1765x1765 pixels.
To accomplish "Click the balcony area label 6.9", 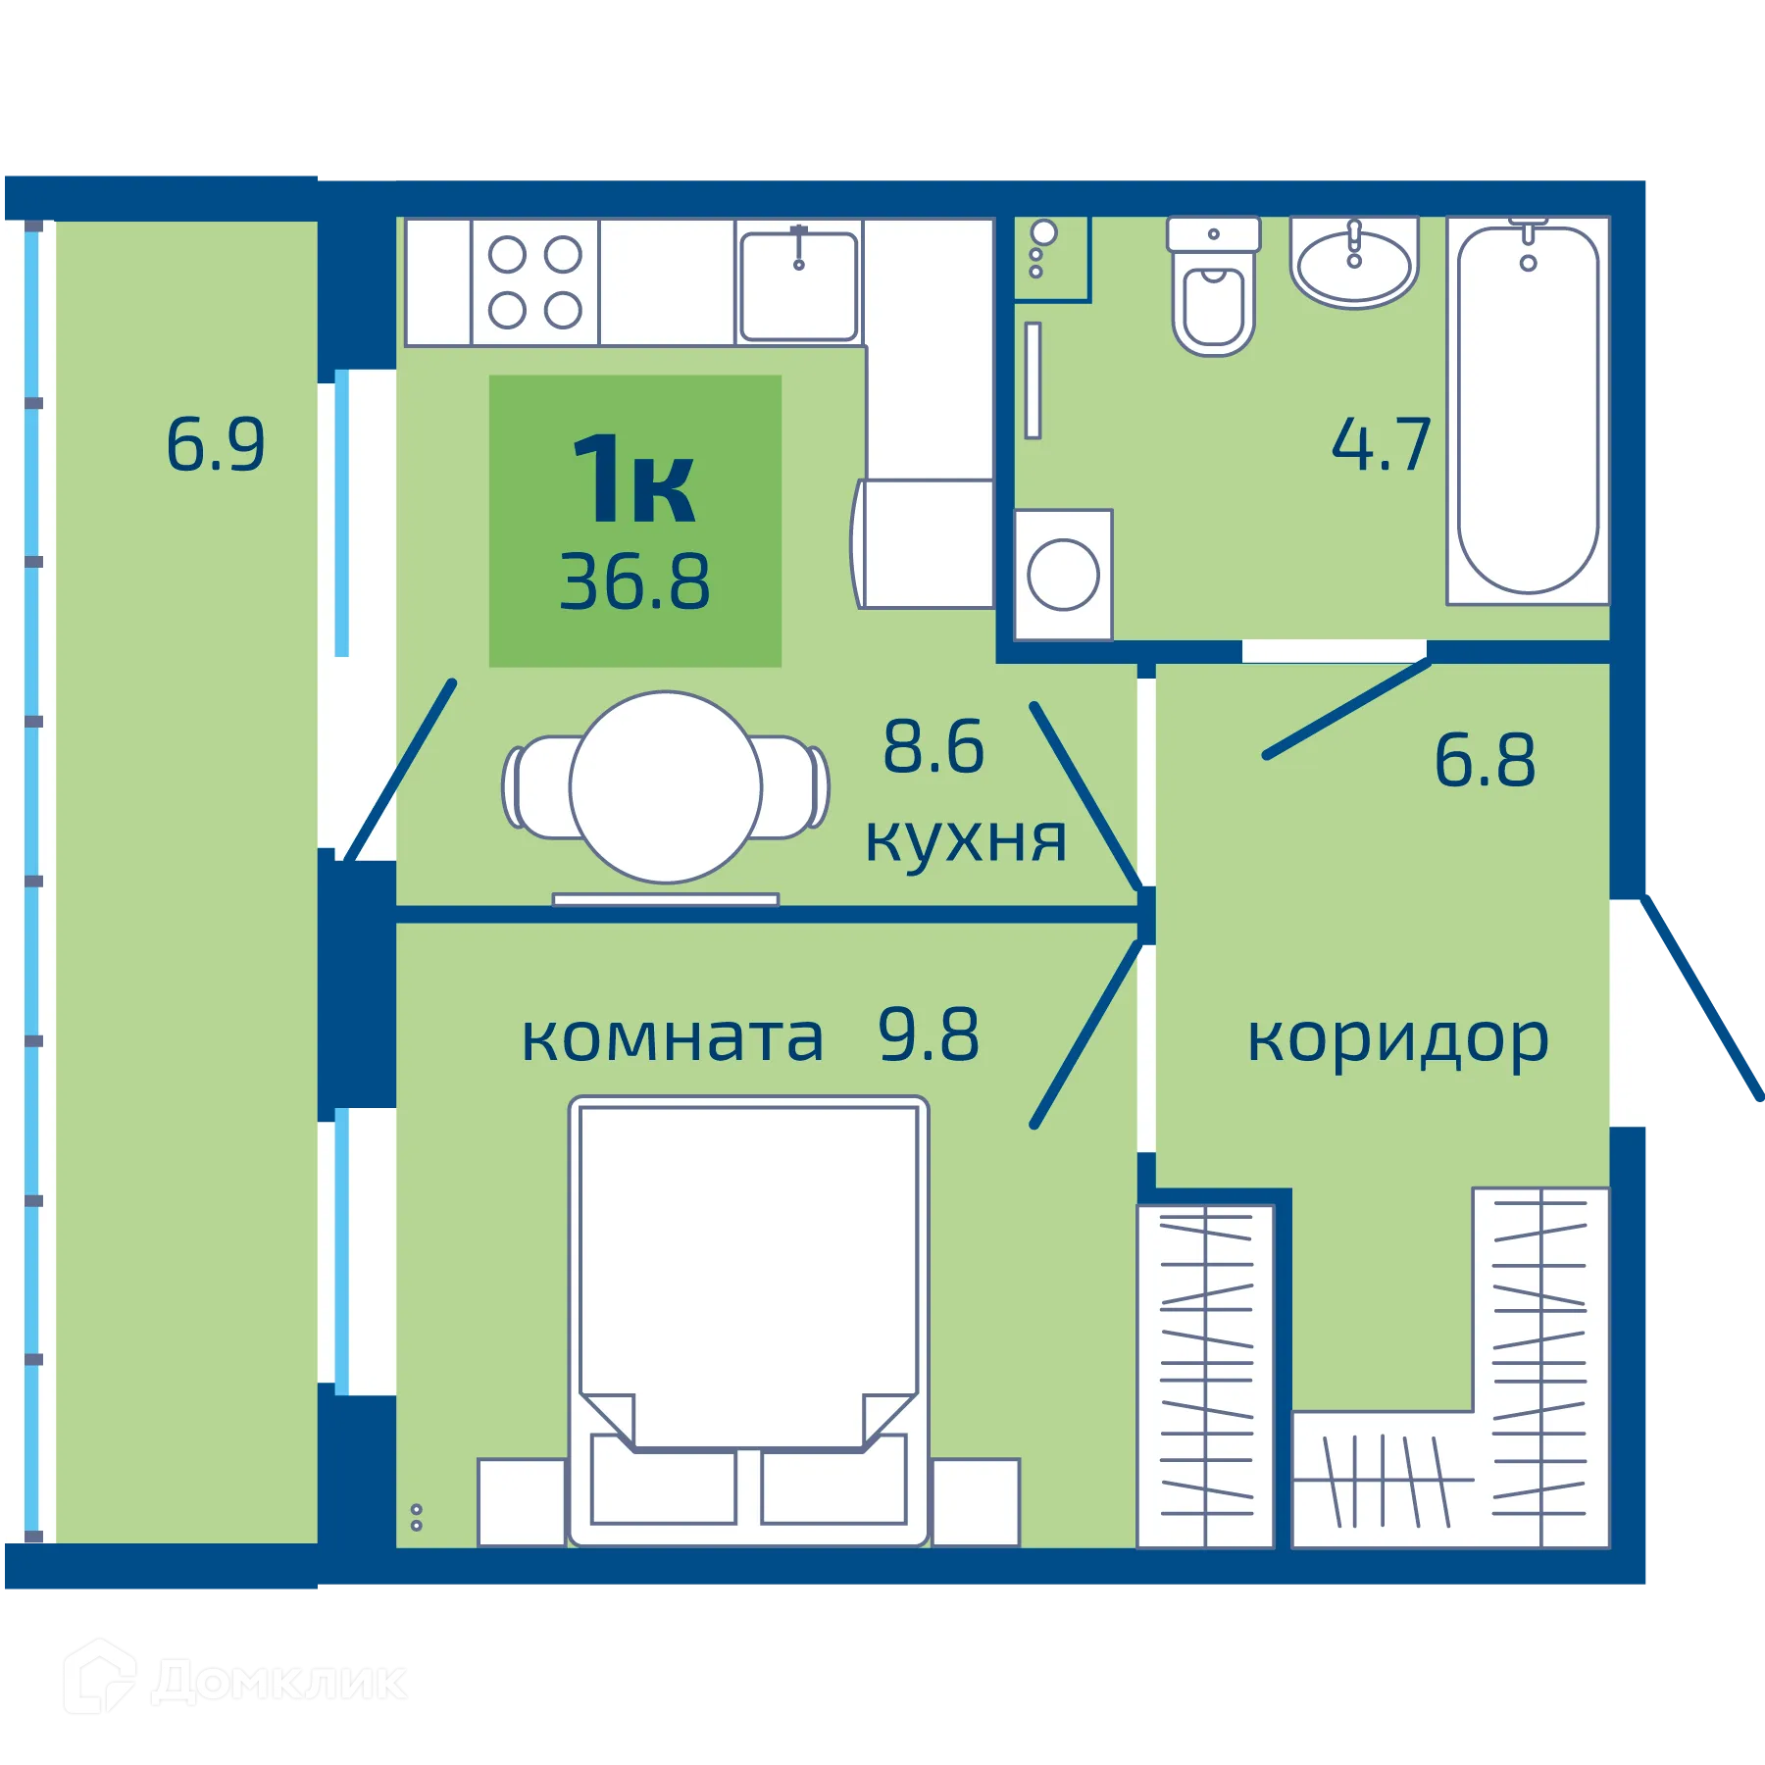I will coord(215,445).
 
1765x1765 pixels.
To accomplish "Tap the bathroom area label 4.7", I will coord(1381,445).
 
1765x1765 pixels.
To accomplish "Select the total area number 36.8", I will coord(634,582).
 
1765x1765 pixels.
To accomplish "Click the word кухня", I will coord(965,840).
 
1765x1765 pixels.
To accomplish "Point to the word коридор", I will coord(1397,1040).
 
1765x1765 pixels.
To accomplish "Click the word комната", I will coord(672,1038).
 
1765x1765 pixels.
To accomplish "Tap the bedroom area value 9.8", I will coord(928,1035).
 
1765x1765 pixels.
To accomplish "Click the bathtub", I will coord(1527,410).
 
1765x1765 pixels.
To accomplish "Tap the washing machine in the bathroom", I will coord(1063,575).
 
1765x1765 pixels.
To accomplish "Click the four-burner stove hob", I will coord(534,282).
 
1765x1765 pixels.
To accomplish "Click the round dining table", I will coord(666,786).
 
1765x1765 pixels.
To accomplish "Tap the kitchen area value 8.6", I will coord(933,747).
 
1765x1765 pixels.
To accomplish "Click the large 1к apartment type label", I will coord(634,479).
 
